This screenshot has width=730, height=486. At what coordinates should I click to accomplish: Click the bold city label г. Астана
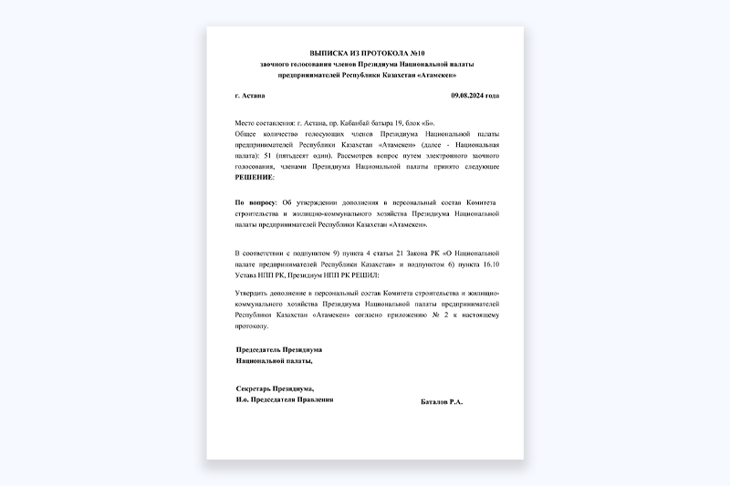[x=250, y=96]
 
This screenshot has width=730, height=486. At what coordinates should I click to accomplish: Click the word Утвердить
[x=255, y=292]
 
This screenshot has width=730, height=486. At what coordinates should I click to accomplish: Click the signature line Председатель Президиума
[x=278, y=349]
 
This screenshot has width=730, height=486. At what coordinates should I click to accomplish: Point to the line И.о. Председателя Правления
[x=284, y=399]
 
